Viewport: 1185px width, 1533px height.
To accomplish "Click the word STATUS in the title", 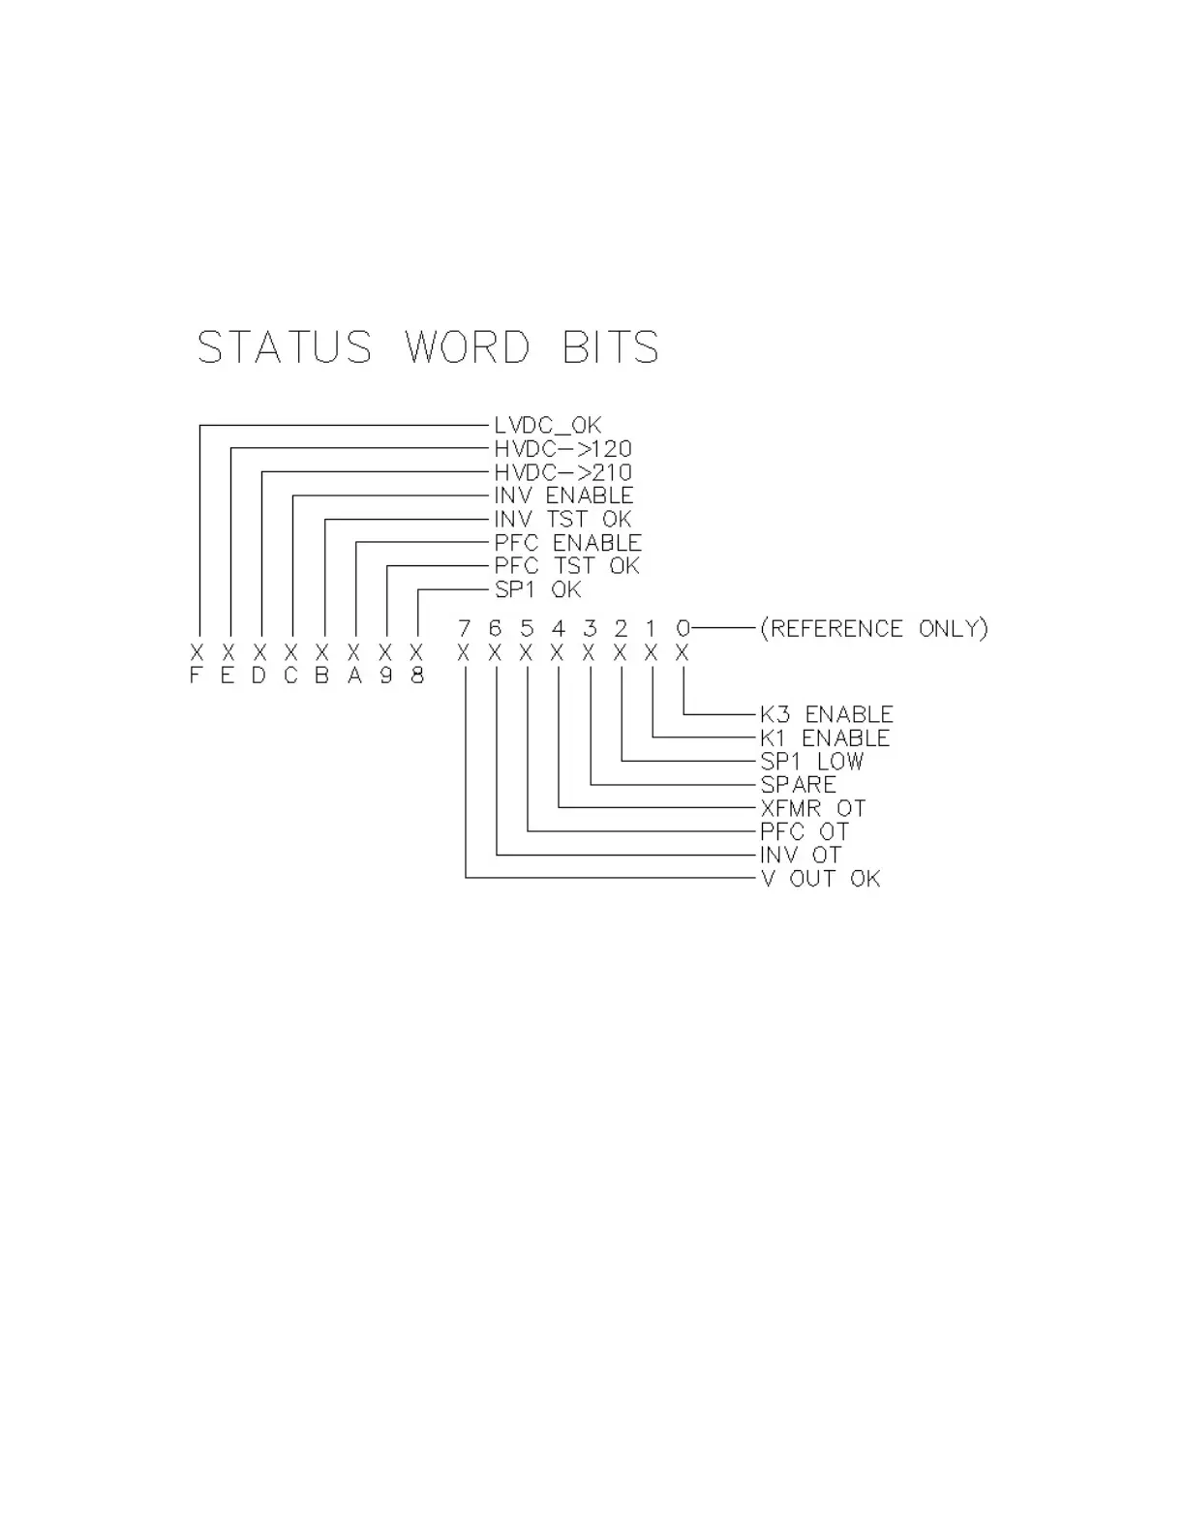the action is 285,347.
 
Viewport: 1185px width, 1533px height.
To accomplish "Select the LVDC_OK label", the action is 547,425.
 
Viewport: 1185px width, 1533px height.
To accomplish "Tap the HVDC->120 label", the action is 562,449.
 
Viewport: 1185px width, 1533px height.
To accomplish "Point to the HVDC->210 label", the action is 562,472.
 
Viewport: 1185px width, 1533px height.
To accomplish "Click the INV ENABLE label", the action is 563,496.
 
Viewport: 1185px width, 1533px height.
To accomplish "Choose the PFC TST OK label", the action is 566,566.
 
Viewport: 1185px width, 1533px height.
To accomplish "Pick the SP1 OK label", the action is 537,589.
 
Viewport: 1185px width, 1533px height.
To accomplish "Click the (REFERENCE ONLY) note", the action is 873,629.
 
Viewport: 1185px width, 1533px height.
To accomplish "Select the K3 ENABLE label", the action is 826,714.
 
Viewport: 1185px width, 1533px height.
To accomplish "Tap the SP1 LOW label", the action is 811,762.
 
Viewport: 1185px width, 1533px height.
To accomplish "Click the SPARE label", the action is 798,785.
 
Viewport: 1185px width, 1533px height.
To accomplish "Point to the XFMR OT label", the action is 812,808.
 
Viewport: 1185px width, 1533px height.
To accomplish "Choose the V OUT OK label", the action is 820,879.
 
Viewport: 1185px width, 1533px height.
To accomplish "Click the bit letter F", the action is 196,676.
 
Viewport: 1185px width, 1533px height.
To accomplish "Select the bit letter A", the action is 354,676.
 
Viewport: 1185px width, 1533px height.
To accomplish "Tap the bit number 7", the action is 465,629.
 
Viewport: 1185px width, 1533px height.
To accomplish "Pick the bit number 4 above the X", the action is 558,629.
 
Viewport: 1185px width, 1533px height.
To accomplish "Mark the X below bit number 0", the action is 682,653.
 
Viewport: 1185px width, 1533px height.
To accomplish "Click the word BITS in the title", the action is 611,347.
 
